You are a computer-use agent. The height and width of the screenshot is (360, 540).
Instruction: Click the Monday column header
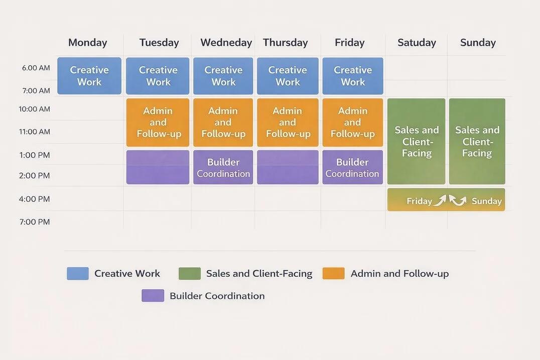tap(88, 43)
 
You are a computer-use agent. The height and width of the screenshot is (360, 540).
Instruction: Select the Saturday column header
tap(417, 43)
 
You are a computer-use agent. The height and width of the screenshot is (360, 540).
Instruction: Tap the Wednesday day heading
tap(226, 43)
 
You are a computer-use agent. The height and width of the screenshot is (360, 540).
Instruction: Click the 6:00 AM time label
tap(36, 68)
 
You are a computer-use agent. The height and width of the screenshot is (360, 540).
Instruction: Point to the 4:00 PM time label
tap(35, 199)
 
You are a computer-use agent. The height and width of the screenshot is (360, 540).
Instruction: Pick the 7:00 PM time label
tap(35, 222)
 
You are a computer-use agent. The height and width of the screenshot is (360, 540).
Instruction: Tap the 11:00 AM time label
tap(35, 132)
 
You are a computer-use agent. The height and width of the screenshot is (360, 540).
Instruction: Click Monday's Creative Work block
tap(89, 76)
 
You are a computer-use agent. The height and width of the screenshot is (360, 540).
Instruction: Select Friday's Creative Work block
tap(353, 76)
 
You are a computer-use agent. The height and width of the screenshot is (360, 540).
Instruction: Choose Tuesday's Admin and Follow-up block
tap(158, 123)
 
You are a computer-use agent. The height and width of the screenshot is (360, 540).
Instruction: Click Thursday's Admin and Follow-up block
tap(288, 123)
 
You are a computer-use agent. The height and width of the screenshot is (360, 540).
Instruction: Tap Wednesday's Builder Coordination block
tap(223, 167)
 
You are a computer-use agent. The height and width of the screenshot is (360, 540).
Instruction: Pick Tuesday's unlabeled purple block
tap(158, 167)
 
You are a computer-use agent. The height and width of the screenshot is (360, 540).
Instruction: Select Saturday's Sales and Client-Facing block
tap(417, 142)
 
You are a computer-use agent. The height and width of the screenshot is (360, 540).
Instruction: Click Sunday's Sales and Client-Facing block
tap(477, 142)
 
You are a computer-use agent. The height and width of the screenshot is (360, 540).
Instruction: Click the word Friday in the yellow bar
tap(419, 201)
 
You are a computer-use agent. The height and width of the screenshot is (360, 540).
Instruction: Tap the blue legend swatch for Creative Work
tap(78, 274)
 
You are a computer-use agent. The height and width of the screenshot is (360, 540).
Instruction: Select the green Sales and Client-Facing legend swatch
tap(190, 274)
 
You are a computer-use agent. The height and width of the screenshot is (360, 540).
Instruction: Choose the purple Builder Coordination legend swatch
tap(153, 296)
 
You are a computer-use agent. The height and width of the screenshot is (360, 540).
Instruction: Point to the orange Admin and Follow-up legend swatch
tap(333, 274)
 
